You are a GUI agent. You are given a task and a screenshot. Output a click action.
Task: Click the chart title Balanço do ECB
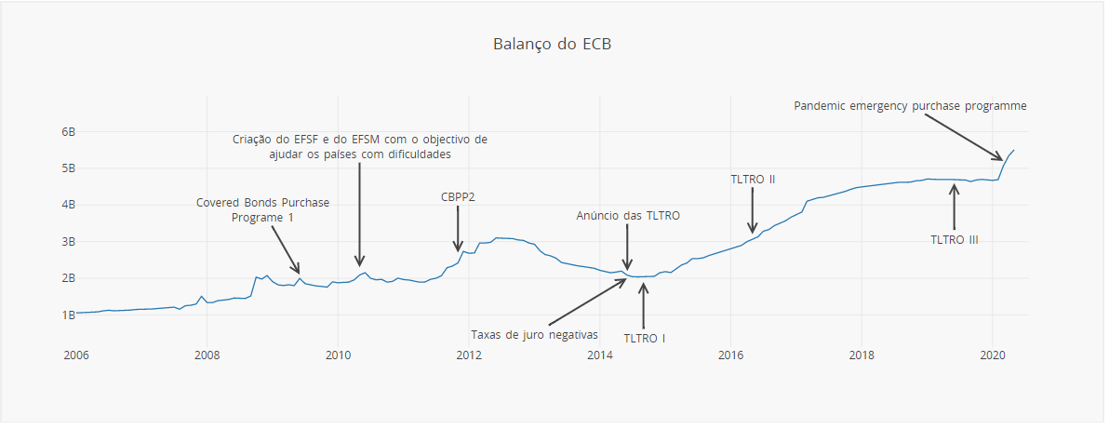553,45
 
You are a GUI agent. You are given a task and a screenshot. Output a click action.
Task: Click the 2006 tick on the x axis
76,355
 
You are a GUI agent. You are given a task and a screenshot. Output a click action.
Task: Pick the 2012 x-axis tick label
468,355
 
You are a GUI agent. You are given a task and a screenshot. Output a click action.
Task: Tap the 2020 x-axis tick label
993,355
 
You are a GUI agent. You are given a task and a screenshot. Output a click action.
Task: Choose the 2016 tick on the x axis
730,355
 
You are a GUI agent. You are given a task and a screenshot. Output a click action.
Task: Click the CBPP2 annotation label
458,197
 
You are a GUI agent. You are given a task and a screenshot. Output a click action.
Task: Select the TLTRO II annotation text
753,179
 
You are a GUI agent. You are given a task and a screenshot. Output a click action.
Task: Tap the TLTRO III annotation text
955,239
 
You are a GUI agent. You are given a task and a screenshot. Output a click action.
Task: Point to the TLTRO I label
644,338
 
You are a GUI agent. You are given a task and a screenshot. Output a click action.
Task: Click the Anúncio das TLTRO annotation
628,216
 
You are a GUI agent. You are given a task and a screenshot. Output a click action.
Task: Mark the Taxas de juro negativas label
534,335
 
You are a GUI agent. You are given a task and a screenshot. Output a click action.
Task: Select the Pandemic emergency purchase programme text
910,106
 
